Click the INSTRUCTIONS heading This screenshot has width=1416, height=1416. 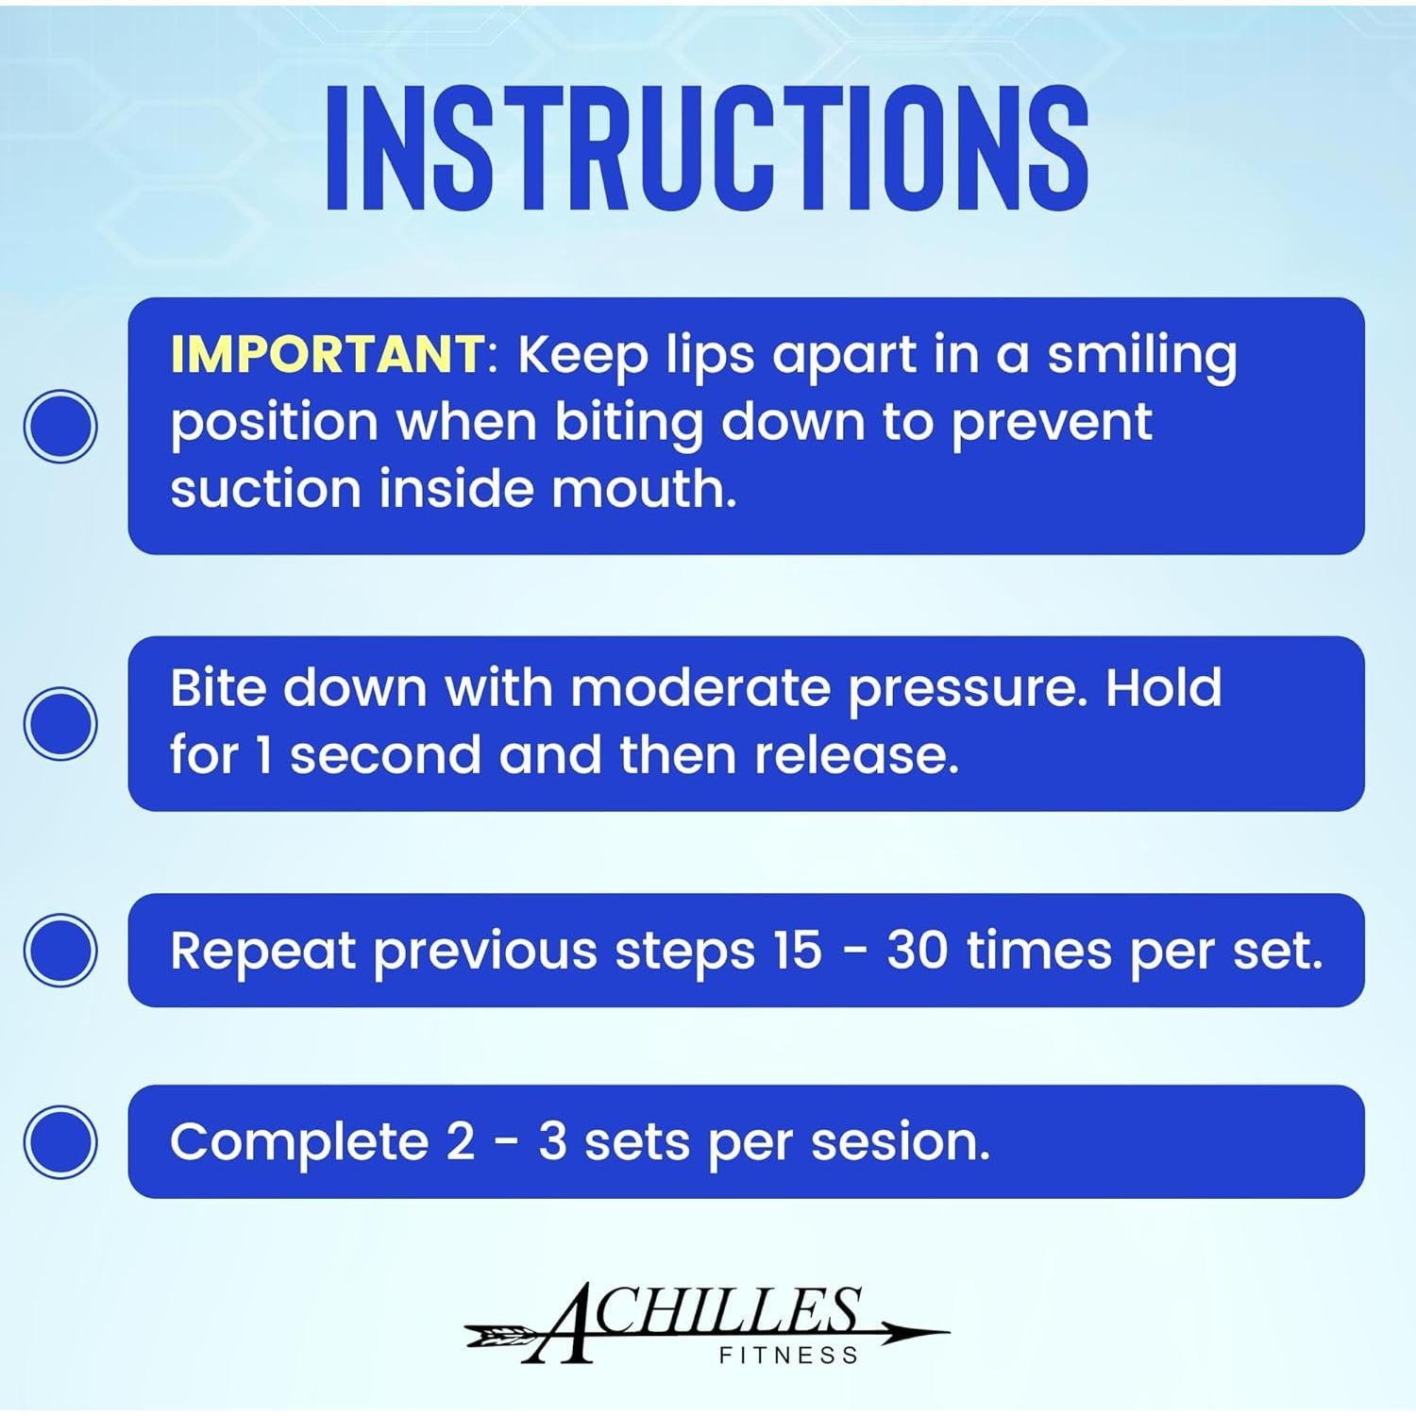707,147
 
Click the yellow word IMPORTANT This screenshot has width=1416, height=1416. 327,354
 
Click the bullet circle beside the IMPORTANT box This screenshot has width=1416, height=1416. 60,426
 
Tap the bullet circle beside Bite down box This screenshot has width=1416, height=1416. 60,723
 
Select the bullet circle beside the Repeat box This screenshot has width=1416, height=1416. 60,950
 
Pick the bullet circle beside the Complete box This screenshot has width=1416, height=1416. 60,1141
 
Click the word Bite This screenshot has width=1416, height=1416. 217,687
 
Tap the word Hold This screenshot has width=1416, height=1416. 1163,687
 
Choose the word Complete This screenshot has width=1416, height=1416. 299,1143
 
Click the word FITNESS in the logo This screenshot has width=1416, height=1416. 788,1356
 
